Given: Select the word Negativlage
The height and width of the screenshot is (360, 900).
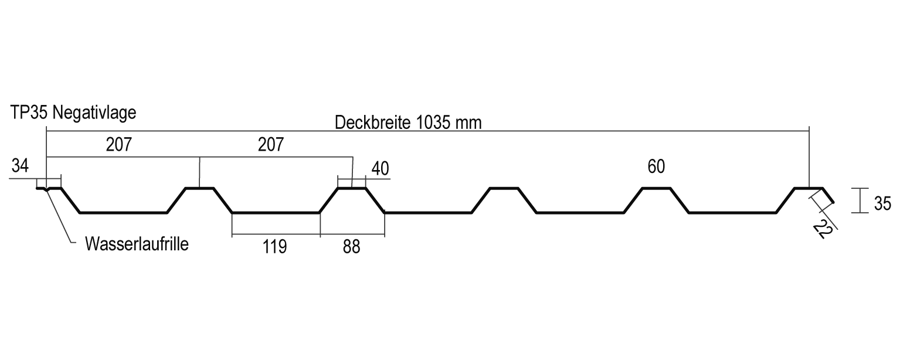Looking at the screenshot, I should [x=94, y=113].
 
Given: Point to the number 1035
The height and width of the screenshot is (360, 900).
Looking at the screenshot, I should [x=435, y=123].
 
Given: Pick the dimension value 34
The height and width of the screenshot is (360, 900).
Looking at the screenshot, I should [x=20, y=166].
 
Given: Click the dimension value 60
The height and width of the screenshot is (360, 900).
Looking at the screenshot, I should [x=656, y=167].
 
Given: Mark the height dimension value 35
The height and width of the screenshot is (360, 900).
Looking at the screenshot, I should [x=882, y=203].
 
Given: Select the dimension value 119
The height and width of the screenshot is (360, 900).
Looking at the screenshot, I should [x=274, y=247].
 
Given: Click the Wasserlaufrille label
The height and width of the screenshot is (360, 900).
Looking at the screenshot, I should [x=137, y=244].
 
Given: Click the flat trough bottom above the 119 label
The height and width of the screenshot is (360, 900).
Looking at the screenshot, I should [x=276, y=213].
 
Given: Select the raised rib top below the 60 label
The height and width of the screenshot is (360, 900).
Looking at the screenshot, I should [x=656, y=188].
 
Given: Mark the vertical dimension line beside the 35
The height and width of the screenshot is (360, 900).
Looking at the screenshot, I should [x=860, y=201].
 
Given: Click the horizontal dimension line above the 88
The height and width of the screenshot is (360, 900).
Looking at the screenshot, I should [x=352, y=236].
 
